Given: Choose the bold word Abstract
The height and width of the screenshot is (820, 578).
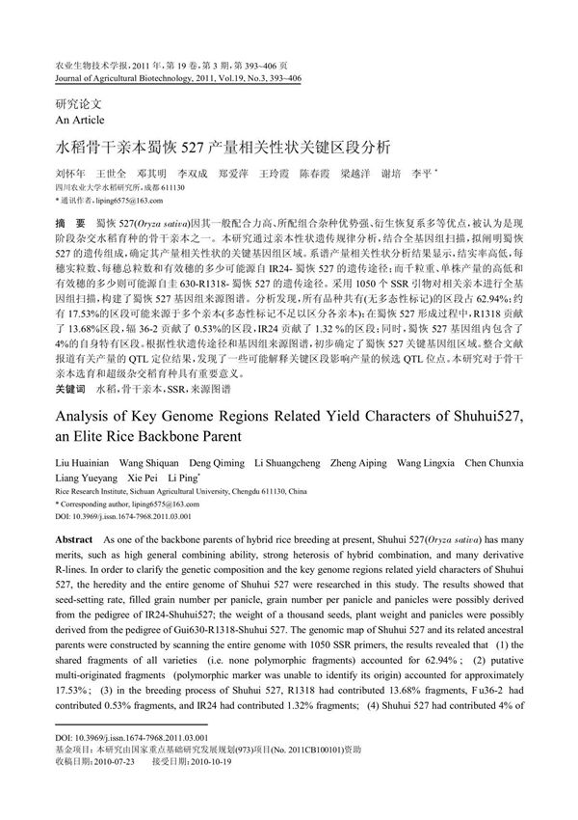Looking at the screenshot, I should pos(74,536).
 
